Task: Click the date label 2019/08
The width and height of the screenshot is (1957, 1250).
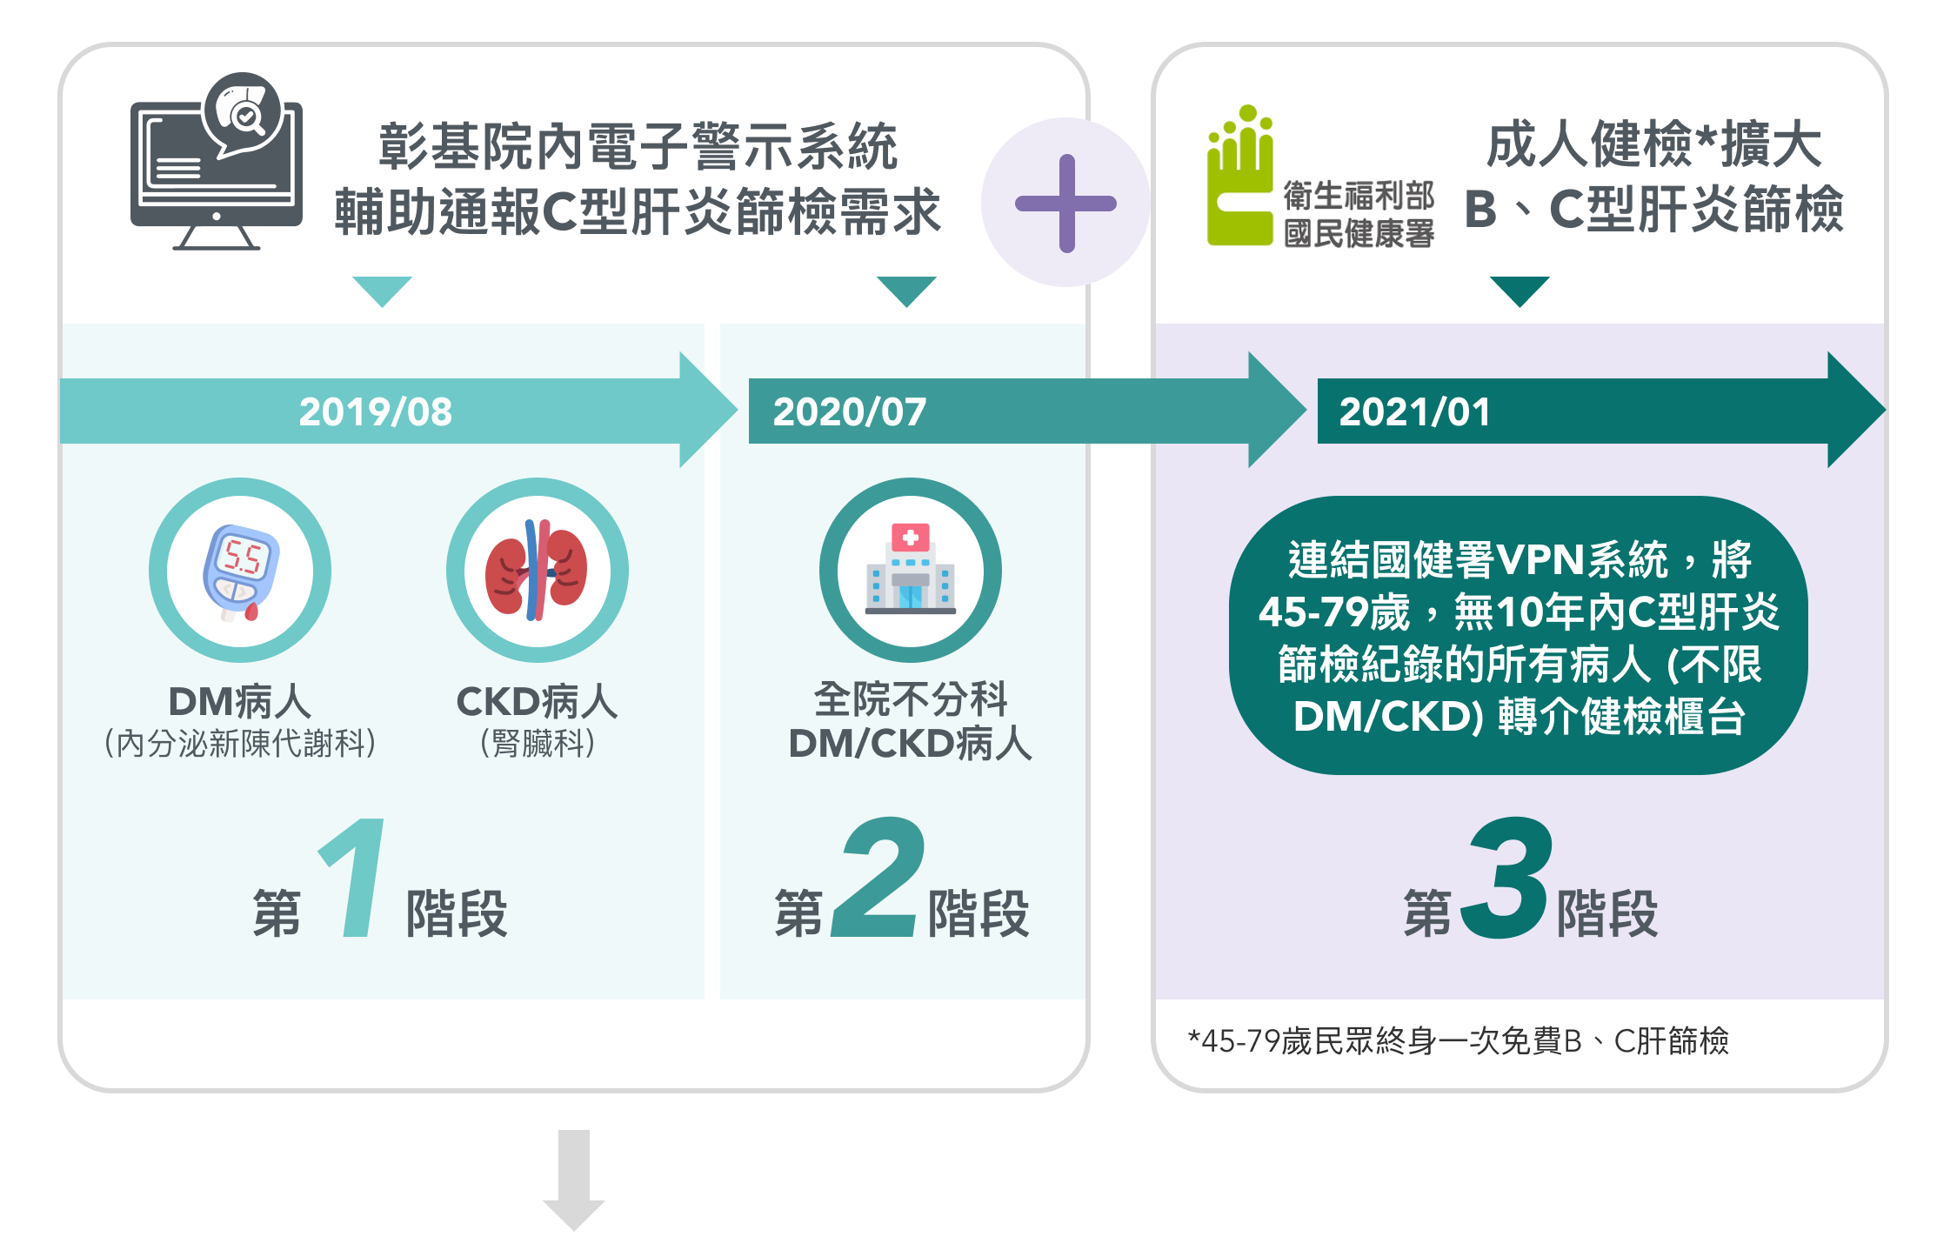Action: [375, 411]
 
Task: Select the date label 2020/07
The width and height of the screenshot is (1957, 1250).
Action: [849, 411]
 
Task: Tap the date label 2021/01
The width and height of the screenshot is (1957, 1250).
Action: [1414, 411]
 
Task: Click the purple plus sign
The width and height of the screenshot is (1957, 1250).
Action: [1066, 204]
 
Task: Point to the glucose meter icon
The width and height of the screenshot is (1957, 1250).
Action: [240, 571]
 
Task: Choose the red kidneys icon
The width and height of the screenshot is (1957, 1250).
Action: [537, 571]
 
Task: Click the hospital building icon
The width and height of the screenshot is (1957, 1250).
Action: [910, 571]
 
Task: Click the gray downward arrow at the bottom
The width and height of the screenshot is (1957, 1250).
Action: [574, 1180]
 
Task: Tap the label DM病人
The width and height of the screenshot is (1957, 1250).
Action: [239, 701]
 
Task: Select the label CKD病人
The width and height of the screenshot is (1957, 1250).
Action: [537, 701]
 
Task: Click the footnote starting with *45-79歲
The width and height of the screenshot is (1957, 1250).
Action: [1458, 1040]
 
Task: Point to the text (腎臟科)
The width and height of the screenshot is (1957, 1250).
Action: [538, 743]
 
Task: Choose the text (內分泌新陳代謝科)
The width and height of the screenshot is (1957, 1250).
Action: [240, 743]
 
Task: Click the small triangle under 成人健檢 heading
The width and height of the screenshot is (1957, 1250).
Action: [1520, 291]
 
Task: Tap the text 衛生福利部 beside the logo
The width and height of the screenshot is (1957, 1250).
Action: [1359, 197]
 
